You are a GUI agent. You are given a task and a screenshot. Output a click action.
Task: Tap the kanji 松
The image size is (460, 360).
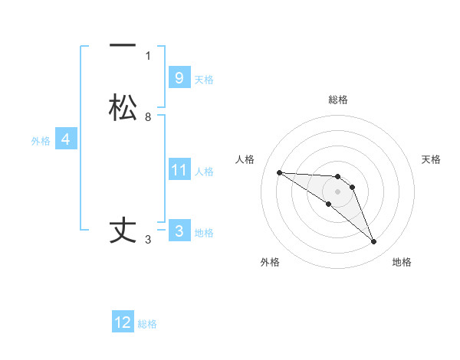tap(123, 107)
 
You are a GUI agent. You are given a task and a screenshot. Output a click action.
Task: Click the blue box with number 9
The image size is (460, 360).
tap(179, 77)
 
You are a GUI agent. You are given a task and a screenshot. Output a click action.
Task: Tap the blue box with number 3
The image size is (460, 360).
tap(179, 231)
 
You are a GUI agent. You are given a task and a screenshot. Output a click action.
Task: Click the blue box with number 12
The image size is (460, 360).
tap(123, 322)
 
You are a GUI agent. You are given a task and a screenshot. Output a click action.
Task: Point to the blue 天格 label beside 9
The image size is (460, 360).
tap(204, 79)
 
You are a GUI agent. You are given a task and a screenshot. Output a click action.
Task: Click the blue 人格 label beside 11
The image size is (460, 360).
tap(204, 171)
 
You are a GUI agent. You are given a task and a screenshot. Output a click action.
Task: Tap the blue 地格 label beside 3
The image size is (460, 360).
tap(204, 232)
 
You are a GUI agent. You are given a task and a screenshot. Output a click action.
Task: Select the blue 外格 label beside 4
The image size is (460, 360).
tap(41, 141)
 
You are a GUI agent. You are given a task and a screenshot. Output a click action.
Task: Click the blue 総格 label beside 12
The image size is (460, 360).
tap(147, 324)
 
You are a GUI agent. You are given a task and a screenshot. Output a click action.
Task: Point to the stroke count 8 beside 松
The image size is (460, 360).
tap(148, 116)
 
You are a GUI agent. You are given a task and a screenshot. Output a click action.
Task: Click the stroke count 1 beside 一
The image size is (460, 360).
tap(148, 55)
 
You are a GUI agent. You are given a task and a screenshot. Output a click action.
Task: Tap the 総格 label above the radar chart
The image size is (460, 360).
tap(337, 100)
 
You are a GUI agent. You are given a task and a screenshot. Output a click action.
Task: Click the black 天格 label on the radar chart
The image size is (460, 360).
tap(431, 159)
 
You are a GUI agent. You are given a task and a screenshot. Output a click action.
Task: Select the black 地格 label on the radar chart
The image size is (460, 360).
tap(402, 262)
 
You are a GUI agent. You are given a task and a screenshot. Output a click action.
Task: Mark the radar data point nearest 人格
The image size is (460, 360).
tap(279, 172)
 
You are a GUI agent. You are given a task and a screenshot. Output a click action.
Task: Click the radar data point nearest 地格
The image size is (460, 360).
tap(374, 242)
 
